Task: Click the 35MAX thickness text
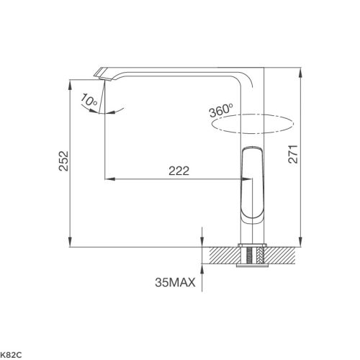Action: tap(175, 282)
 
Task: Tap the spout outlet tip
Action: tap(102, 73)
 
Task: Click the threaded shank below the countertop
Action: tap(253, 256)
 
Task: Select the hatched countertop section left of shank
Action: tap(222, 254)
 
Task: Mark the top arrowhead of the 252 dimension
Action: tap(69, 83)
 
